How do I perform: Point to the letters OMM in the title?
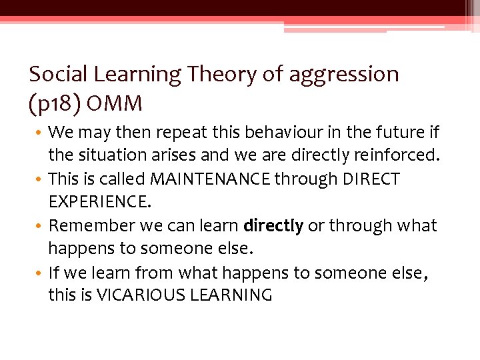coord(114,104)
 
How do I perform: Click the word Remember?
coord(89,225)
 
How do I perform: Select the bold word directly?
coord(273,226)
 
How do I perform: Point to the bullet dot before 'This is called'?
coord(41,179)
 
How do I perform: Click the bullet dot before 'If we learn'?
coord(41,273)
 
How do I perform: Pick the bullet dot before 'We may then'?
coord(41,133)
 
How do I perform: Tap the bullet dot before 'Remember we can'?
coord(41,226)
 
